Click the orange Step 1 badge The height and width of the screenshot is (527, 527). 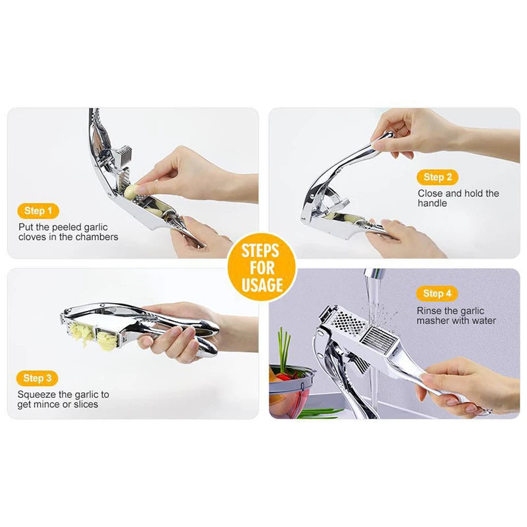click(x=38, y=211)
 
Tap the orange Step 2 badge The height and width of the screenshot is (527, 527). click(x=437, y=177)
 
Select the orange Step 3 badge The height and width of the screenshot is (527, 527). click(x=38, y=378)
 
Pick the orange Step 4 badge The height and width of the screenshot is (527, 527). click(x=437, y=294)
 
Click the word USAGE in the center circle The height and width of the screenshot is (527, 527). click(x=262, y=285)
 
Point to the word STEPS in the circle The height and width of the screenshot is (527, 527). click(x=260, y=251)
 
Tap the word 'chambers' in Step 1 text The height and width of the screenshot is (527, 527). click(x=99, y=236)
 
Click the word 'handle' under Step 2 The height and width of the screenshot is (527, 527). click(x=432, y=204)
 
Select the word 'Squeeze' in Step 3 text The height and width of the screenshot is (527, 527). click(x=37, y=395)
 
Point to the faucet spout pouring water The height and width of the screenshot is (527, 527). click(x=374, y=276)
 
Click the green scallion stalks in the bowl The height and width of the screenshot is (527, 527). click(x=284, y=349)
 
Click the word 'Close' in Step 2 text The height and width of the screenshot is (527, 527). click(x=431, y=194)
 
